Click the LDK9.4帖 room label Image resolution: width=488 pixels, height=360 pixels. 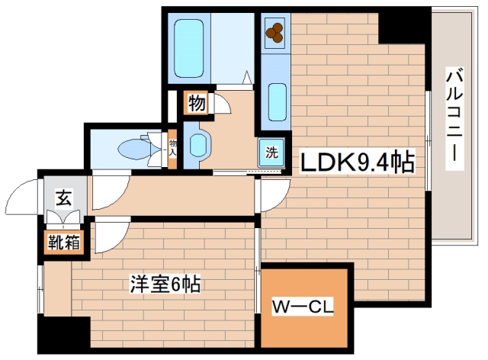tap(357, 162)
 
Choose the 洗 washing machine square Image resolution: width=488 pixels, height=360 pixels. tap(271, 151)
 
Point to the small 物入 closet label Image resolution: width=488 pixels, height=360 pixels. tap(172, 147)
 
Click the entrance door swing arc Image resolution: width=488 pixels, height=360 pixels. tap(23, 197)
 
